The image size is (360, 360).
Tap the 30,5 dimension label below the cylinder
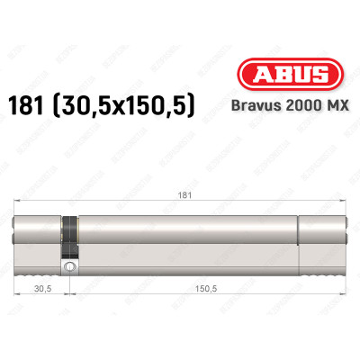pyautogui.click(x=39, y=290)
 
